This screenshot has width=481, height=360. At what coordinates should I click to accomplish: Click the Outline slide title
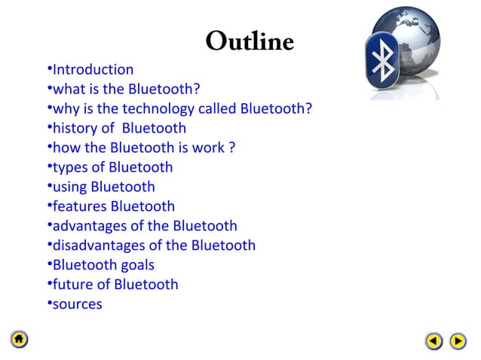[x=249, y=41]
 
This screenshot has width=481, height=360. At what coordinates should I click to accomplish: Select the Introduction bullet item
[x=92, y=70]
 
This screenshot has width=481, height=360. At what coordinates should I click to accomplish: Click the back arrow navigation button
[x=434, y=341]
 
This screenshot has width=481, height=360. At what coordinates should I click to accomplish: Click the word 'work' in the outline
[x=208, y=148]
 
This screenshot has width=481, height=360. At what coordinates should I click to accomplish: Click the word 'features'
[x=79, y=206]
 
